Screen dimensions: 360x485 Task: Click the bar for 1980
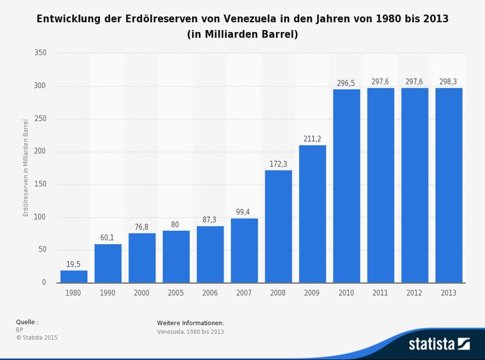[74, 276]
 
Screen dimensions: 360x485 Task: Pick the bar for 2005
[176, 256]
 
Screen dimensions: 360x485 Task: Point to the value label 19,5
[74, 264]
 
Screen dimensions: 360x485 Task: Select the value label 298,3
[449, 82]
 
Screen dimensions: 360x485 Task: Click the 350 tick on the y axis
[41, 53]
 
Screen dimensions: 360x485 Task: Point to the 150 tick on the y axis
[41, 185]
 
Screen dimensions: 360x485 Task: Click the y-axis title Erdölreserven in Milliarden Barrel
[25, 168]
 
